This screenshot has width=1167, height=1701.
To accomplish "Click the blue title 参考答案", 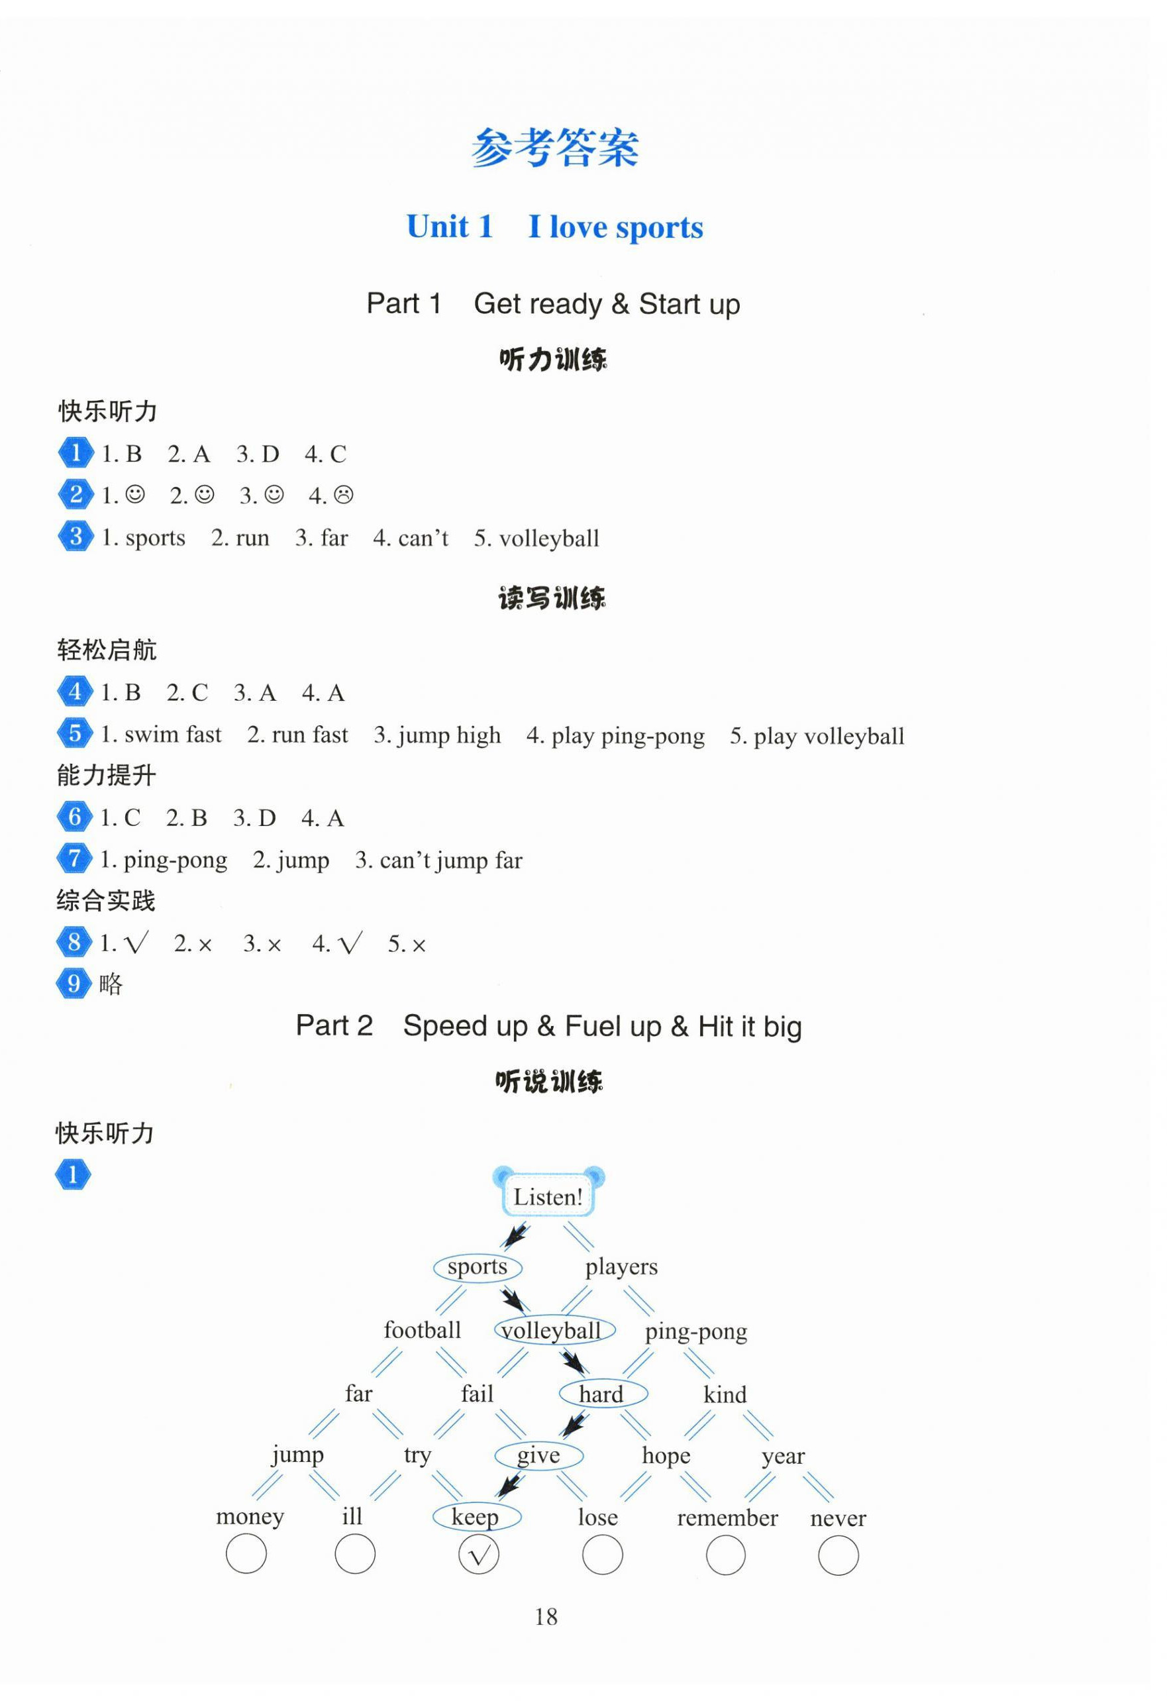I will pyautogui.click(x=554, y=148).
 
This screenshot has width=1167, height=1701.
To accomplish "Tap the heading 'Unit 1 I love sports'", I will pyautogui.click(x=554, y=227).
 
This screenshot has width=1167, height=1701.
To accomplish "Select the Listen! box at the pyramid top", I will pyautogui.click(x=548, y=1198).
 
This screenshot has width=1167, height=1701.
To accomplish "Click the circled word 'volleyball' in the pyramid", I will pyautogui.click(x=554, y=1330).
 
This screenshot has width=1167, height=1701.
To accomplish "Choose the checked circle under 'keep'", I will pyautogui.click(x=478, y=1555).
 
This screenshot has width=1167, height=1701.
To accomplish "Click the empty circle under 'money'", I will pyautogui.click(x=246, y=1554).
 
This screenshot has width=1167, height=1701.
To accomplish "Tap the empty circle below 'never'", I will pyautogui.click(x=838, y=1555).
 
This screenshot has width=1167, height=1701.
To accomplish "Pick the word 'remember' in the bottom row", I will pyautogui.click(x=727, y=1518).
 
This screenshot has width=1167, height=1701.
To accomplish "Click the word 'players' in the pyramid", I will pyautogui.click(x=621, y=1267).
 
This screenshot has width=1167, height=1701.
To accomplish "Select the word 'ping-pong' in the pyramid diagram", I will pyautogui.click(x=696, y=1331).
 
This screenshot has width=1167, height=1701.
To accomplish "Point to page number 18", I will pyautogui.click(x=546, y=1616).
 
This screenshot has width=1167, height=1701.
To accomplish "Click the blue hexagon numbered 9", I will pyautogui.click(x=74, y=984).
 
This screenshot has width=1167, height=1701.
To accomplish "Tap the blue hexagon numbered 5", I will pyautogui.click(x=75, y=733).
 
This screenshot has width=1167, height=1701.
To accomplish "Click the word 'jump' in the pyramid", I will pyautogui.click(x=298, y=1455).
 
